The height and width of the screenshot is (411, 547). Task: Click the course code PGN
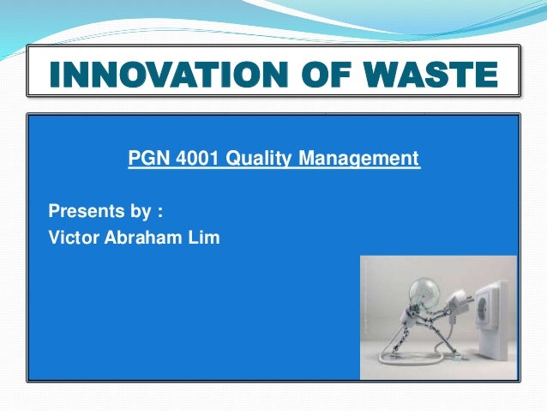144,159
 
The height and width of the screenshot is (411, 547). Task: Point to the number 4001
190,159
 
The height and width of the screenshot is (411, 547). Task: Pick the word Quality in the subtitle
251,159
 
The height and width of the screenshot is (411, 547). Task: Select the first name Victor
72,237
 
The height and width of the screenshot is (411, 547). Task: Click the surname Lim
205,237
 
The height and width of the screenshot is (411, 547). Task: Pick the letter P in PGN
134,159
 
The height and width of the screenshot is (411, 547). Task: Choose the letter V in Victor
54,237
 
